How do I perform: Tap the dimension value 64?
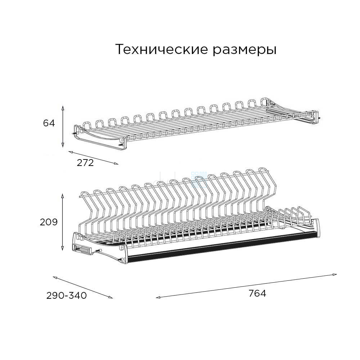(49, 123)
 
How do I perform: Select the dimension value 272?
(85, 163)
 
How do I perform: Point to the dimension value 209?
(49, 222)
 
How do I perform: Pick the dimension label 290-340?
(67, 296)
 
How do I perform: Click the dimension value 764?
(257, 293)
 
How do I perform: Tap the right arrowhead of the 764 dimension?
(335, 274)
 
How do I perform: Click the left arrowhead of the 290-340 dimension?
(55, 278)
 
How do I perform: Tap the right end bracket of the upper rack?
(316, 118)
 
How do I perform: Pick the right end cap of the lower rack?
(316, 227)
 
